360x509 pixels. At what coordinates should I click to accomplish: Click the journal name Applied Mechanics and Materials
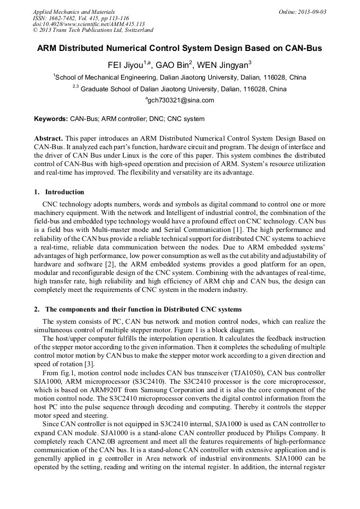point(74,12)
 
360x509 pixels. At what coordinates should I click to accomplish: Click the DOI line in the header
point(89,24)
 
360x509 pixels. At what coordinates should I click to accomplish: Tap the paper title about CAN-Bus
point(179,48)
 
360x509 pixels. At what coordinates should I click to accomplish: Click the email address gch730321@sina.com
point(181,100)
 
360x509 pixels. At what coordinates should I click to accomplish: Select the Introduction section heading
point(64,192)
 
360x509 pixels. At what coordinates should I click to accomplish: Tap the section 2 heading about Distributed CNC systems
point(143,309)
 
